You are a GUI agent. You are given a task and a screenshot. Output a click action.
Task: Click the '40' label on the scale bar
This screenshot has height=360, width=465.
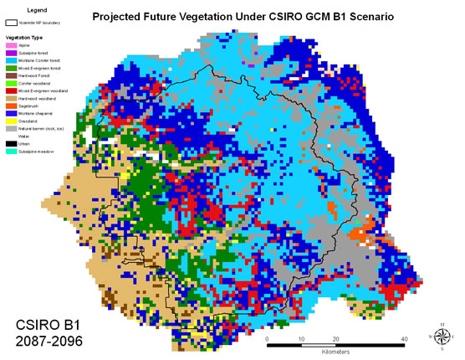tap(404, 338)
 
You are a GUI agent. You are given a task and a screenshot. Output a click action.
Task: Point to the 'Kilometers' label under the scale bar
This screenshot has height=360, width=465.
tap(335, 352)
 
